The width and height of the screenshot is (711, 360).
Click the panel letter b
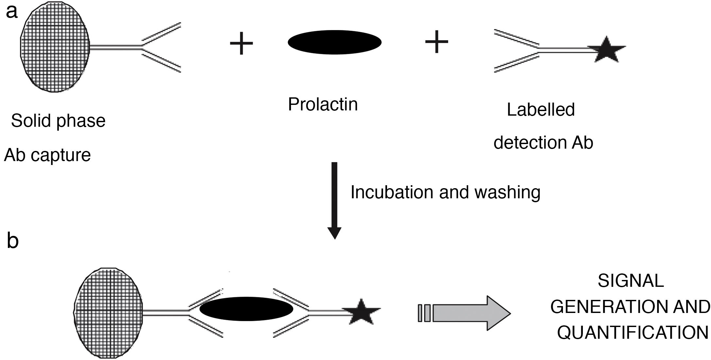point(12,242)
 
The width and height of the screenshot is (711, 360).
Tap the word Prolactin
point(323,105)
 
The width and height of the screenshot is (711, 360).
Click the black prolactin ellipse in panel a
point(334,42)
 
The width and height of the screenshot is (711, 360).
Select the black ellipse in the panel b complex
point(246,309)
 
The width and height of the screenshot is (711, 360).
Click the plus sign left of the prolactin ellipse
point(242,43)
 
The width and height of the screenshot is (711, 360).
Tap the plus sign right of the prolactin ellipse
point(436,41)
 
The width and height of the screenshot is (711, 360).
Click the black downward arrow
point(334,199)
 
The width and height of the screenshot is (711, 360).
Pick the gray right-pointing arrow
point(467,313)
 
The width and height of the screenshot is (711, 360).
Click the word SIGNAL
point(631,281)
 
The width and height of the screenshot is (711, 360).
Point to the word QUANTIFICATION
point(633,333)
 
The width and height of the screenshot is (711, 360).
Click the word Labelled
point(541,110)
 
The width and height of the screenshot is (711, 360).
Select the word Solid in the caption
point(31,121)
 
